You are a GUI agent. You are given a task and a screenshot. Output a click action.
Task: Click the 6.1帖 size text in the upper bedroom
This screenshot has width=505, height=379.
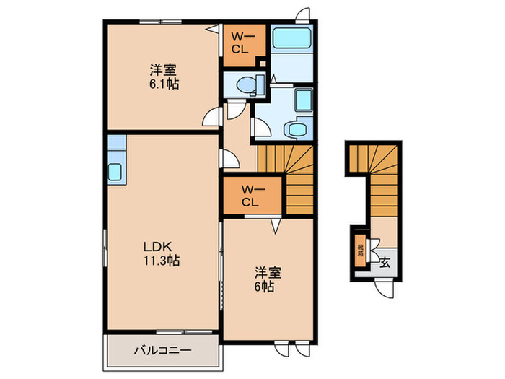[x=164, y=84]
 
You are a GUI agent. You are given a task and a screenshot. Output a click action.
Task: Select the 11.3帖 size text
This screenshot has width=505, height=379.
[x=160, y=261]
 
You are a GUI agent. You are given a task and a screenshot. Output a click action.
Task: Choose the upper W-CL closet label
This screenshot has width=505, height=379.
[x=241, y=44]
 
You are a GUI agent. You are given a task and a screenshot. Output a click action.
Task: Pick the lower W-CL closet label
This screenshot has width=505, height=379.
[x=250, y=196]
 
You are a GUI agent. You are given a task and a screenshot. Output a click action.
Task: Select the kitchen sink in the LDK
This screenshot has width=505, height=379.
[x=116, y=172]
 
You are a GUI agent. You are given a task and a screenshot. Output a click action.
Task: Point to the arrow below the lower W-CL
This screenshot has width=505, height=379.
[x=275, y=229]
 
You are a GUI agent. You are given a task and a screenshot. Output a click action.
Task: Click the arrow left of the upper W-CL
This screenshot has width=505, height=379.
[x=213, y=30]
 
